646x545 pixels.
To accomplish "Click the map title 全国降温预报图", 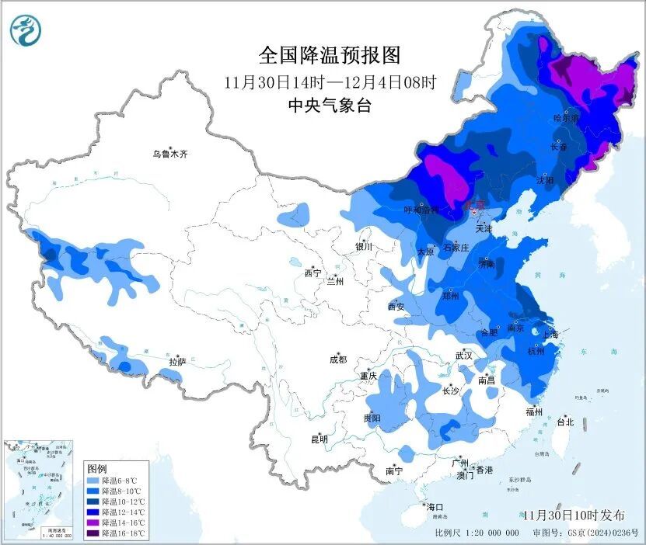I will coord(329,55).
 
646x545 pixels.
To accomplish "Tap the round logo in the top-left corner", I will coord(26,30).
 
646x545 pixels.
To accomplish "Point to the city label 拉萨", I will coord(178,362).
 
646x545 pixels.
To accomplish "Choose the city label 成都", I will coord(338,359).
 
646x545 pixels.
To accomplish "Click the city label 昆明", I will coord(320,439).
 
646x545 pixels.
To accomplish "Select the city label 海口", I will coord(436,507).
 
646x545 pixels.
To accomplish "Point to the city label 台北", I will coord(564,422).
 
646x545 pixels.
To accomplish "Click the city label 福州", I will coord(533,412).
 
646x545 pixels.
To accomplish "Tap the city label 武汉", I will coord(464,356).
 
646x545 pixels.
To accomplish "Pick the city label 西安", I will coord(396,307).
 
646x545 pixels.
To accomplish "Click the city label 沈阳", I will coord(545,180).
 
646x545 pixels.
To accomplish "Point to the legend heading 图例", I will coord(96,469).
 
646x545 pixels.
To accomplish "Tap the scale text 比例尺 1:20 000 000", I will coord(477,533).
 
